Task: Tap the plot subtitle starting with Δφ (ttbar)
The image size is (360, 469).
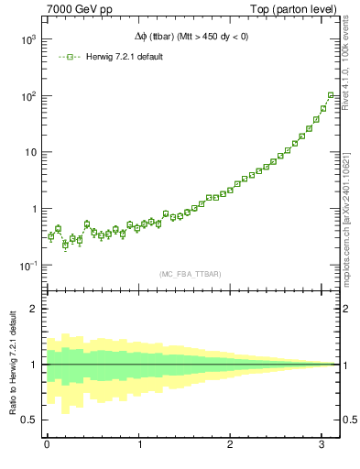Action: (x=191, y=37)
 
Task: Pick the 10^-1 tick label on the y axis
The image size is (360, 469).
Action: (x=25, y=266)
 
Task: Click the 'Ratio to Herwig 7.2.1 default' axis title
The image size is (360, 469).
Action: (x=11, y=364)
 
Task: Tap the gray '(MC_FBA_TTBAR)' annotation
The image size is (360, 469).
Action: (x=191, y=273)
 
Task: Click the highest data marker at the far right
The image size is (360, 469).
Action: (x=331, y=94)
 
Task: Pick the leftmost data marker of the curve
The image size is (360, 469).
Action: (x=51, y=236)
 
